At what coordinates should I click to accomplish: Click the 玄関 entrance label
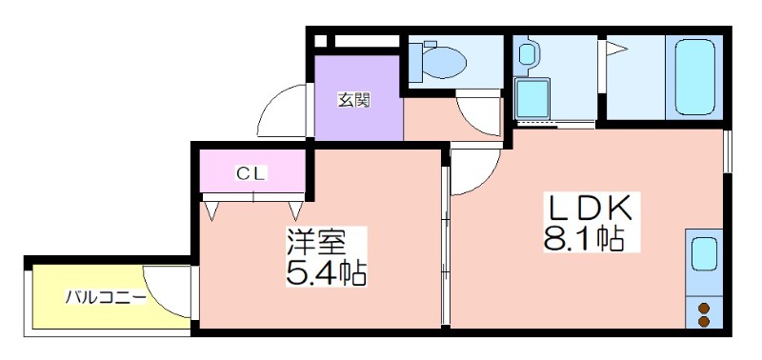click(354, 100)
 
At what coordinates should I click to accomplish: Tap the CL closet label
click(251, 173)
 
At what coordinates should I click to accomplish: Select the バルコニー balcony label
click(106, 297)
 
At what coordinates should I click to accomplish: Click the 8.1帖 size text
click(584, 238)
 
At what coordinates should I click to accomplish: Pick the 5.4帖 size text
click(326, 273)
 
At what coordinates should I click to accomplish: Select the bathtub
click(695, 77)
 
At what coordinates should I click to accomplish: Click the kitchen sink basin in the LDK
click(704, 253)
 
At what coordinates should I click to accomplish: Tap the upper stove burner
click(703, 308)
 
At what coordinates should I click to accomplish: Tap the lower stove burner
click(703, 320)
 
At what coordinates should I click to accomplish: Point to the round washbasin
click(527, 53)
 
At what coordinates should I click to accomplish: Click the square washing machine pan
click(532, 99)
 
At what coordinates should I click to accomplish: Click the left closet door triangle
click(211, 210)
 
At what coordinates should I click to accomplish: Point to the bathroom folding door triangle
click(616, 49)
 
